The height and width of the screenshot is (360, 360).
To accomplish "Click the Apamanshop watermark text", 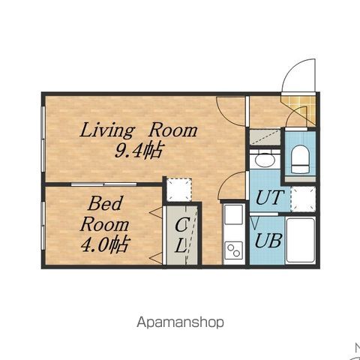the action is click(x=180, y=322).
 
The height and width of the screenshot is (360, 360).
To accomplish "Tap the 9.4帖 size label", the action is click(x=138, y=150).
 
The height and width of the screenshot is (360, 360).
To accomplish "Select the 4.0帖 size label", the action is click(x=105, y=244).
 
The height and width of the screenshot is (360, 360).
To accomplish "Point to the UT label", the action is click(x=270, y=197).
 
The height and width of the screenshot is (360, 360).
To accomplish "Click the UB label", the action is click(x=268, y=241).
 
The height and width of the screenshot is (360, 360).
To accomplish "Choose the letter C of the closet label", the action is click(x=182, y=224).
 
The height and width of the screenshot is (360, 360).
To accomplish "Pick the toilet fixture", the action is click(x=300, y=159).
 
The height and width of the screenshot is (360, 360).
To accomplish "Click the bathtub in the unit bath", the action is click(x=300, y=241).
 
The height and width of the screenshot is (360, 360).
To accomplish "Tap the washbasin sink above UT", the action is click(x=265, y=160).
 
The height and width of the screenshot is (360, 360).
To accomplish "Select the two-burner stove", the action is click(x=234, y=250).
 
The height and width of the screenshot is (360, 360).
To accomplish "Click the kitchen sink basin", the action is click(x=234, y=214).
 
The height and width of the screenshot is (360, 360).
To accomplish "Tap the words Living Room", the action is click(x=139, y=130).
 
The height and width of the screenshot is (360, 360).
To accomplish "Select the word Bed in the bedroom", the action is click(x=105, y=203).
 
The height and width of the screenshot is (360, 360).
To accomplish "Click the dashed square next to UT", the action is click(x=303, y=199).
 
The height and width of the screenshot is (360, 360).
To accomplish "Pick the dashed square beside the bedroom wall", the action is click(x=179, y=189).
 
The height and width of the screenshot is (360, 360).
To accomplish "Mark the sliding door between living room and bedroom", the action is click(x=103, y=184).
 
